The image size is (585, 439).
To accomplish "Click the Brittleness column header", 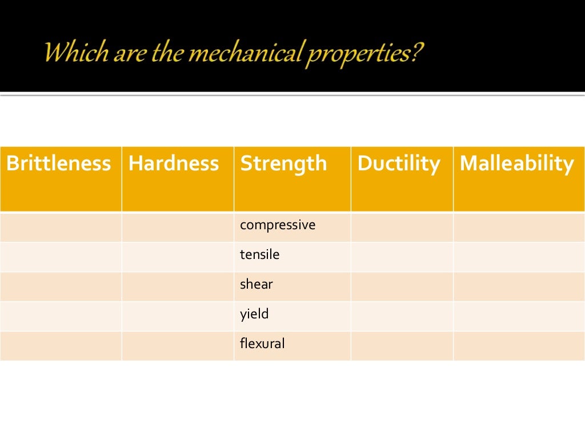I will click(58, 164).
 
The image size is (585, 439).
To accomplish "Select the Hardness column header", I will click(174, 164).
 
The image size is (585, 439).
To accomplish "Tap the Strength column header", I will click(284, 164).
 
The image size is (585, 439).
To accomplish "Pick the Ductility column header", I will click(399, 164).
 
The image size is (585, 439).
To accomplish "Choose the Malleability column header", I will click(516, 164).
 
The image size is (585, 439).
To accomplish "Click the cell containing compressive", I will click(278, 225).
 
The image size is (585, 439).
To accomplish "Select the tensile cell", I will click(260, 254).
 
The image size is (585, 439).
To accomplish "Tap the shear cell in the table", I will click(257, 284).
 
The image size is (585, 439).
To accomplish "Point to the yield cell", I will click(254, 314).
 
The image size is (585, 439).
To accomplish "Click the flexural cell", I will click(262, 344).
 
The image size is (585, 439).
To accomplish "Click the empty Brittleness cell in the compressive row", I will click(61, 227).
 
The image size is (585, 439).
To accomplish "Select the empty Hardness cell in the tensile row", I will click(178, 257).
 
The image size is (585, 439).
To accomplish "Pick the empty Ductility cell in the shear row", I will click(402, 286).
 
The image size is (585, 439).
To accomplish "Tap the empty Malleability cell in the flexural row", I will click(519, 346).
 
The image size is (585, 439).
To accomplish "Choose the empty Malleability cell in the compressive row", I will click(519, 227).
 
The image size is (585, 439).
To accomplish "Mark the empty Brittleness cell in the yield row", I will click(61, 316).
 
